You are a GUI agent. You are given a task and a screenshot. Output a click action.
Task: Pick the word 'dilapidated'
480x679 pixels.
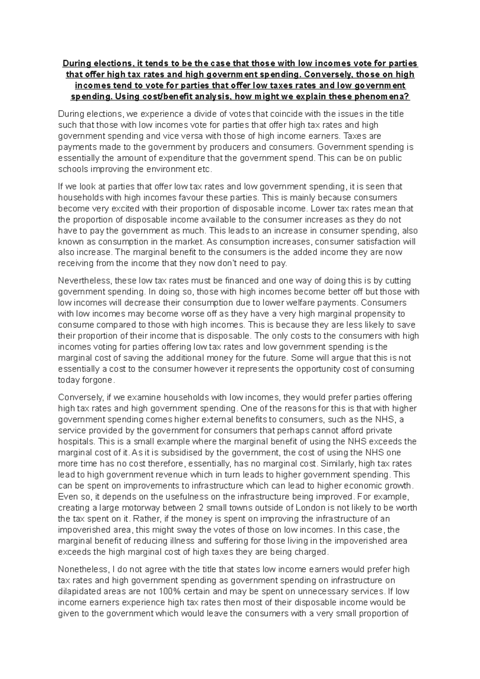pyautogui.click(x=78, y=591)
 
